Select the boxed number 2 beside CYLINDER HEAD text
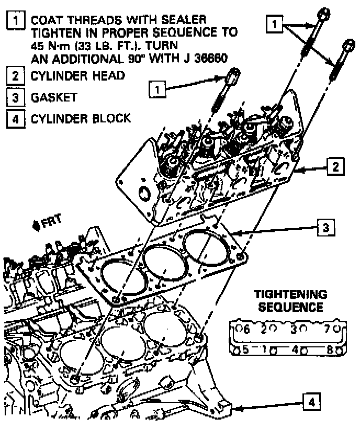pyautogui.click(x=18, y=76)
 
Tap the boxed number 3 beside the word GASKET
pyautogui.click(x=18, y=97)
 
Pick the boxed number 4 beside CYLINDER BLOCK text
pyautogui.click(x=18, y=118)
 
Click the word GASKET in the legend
pyautogui.click(x=54, y=97)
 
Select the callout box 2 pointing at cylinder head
pyautogui.click(x=335, y=167)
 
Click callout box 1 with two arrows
pyautogui.click(x=276, y=23)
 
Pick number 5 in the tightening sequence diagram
pyautogui.click(x=244, y=348)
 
